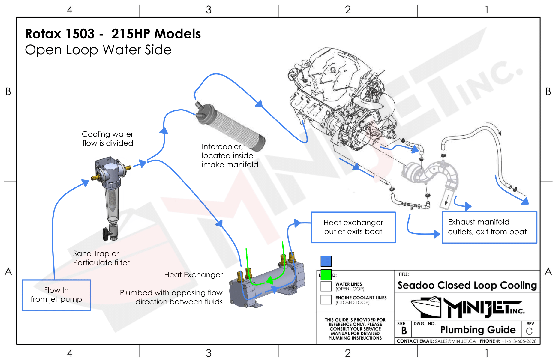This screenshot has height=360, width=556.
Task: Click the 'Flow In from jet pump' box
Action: click(x=56, y=295)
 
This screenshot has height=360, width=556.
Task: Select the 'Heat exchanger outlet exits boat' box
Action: click(x=353, y=227)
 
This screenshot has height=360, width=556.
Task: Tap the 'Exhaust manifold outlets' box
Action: click(x=489, y=227)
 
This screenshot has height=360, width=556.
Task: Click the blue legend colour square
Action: click(x=326, y=261)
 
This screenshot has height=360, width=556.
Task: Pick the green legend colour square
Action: click(x=326, y=274)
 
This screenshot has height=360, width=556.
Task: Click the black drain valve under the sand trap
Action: click(x=106, y=233)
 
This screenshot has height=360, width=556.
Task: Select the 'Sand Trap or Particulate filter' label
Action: click(x=101, y=258)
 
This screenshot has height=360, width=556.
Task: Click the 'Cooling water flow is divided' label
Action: click(x=107, y=138)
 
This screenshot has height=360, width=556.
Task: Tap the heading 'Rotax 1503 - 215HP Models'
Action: click(x=113, y=34)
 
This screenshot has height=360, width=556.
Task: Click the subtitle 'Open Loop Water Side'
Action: click(x=98, y=50)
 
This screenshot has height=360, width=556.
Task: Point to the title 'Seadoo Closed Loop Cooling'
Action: click(x=467, y=285)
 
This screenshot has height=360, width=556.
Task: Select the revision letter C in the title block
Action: click(x=529, y=331)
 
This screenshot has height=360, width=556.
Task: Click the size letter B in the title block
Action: click(x=404, y=331)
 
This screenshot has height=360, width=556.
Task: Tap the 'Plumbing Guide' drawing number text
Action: click(x=478, y=330)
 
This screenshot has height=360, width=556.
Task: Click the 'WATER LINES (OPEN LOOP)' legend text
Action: click(x=350, y=286)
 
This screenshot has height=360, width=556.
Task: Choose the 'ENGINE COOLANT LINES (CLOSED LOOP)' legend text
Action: click(x=361, y=300)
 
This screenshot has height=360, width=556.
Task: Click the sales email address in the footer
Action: click(x=455, y=341)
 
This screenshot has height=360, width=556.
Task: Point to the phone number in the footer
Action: click(x=519, y=341)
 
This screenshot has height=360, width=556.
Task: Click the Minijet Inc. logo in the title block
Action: click(x=467, y=307)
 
